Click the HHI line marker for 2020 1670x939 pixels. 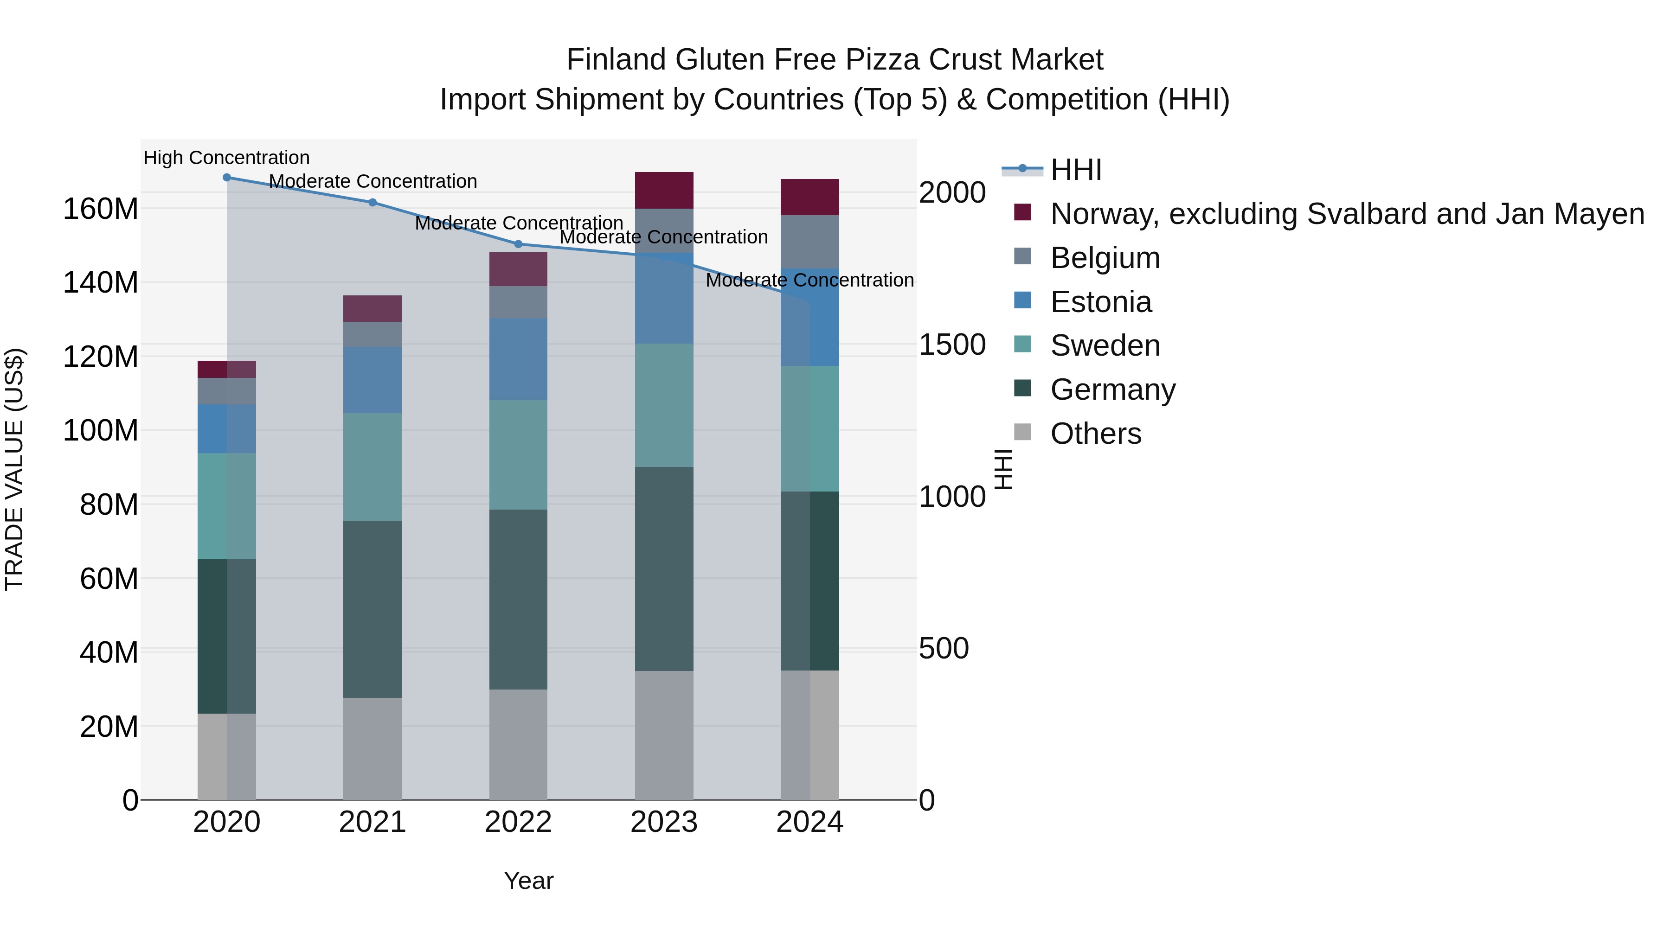tap(226, 178)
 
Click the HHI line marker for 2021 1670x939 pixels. tap(372, 202)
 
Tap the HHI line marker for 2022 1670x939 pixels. tap(518, 244)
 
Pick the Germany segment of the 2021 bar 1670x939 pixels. tap(372, 609)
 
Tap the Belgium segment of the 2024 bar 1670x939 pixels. tap(809, 242)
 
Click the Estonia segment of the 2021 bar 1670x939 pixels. tap(372, 380)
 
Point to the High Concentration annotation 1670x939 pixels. tap(226, 158)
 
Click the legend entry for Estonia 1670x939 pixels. tap(1101, 302)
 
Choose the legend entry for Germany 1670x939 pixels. tap(1112, 390)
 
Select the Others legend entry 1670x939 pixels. tap(1096, 434)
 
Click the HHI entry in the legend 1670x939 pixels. tap(1076, 170)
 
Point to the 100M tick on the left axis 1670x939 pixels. tap(101, 430)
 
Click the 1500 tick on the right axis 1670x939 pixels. tap(952, 345)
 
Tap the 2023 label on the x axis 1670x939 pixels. tap(664, 822)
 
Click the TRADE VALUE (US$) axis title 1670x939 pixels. tap(14, 469)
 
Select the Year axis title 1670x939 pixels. tap(528, 881)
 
